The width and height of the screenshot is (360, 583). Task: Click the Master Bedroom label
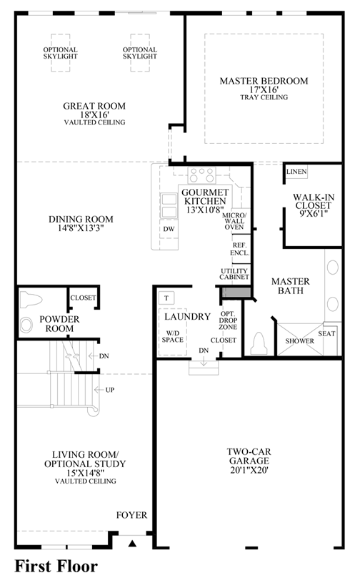[x=264, y=81]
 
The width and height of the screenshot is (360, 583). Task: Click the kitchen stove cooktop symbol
[x=201, y=175]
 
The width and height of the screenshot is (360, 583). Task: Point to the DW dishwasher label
[x=169, y=229]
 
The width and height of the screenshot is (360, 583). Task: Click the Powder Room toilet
[x=31, y=300]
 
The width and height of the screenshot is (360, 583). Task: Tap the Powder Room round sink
[x=26, y=325]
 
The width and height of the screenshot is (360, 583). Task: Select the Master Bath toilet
[x=259, y=343]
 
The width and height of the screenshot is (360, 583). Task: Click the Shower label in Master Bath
[x=299, y=341]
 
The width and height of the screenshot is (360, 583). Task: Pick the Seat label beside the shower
[x=326, y=333]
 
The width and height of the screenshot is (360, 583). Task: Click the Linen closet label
[x=296, y=172]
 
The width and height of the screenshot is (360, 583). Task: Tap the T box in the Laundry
[x=166, y=298]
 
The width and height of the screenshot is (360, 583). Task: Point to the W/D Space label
[x=173, y=336]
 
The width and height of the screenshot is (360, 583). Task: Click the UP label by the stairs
[x=110, y=390]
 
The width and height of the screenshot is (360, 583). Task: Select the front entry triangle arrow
[x=132, y=544]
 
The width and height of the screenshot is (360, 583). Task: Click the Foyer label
[x=131, y=515]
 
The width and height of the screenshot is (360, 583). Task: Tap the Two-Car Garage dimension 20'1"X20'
[x=249, y=469]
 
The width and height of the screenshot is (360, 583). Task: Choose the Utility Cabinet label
[x=234, y=274]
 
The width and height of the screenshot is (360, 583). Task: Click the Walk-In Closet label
[x=314, y=201]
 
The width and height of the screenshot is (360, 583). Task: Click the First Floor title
[x=56, y=567]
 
